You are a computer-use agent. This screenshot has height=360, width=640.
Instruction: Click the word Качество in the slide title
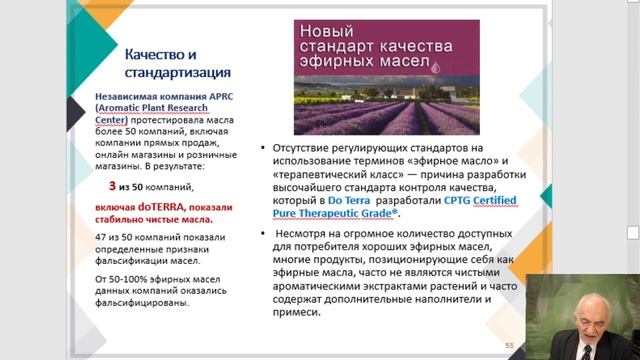pyautogui.click(x=152, y=53)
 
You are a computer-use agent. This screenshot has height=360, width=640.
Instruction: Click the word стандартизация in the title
pyautogui.click(x=176, y=73)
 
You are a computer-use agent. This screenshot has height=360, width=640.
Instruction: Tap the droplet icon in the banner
pyautogui.click(x=436, y=65)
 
